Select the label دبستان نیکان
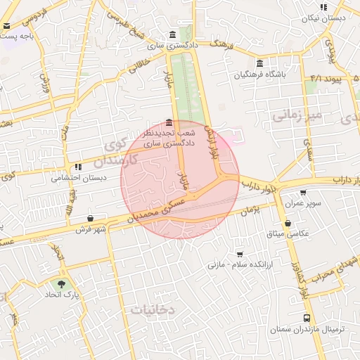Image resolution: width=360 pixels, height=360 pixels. click(x=325, y=19)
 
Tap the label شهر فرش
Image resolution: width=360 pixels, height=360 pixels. click(x=91, y=229)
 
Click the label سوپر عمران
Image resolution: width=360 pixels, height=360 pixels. click(x=302, y=202)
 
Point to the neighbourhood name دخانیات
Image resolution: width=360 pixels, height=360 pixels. click(x=153, y=309)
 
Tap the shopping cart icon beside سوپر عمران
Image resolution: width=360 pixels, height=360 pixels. click(x=303, y=193)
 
